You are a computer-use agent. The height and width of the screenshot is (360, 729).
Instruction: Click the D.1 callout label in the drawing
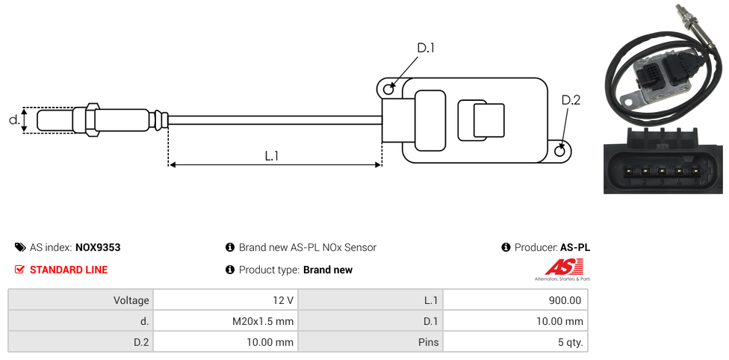[425, 49]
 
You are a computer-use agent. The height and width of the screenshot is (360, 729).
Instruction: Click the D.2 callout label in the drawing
[571, 101]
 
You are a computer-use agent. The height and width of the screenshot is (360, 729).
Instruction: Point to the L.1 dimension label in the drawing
[272, 156]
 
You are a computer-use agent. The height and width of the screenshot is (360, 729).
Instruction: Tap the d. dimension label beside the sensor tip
[13, 120]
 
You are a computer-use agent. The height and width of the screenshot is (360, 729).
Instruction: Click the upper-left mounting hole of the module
[388, 90]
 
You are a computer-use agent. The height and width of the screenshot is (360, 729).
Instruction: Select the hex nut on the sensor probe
[93, 120]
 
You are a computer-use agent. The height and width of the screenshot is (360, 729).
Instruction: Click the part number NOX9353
[98, 247]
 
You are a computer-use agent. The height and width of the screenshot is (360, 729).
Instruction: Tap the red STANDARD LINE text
[69, 270]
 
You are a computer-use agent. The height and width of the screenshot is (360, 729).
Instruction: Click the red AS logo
[559, 267]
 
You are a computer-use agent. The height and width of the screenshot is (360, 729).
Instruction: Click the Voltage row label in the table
[131, 300]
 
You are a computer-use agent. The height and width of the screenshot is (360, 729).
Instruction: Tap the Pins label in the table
[429, 343]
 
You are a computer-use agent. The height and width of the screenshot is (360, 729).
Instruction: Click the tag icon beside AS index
[20, 247]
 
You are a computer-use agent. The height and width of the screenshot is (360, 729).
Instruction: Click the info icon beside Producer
[506, 247]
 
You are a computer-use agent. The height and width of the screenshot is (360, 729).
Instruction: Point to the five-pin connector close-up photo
[663, 160]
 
